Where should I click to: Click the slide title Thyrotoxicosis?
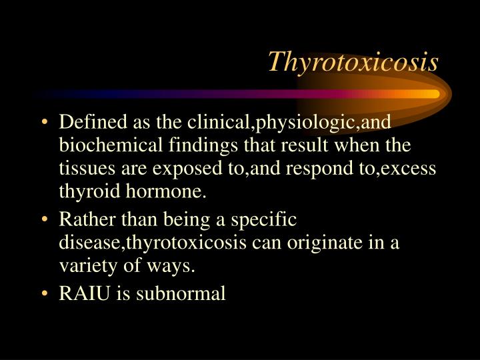point(353,62)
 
